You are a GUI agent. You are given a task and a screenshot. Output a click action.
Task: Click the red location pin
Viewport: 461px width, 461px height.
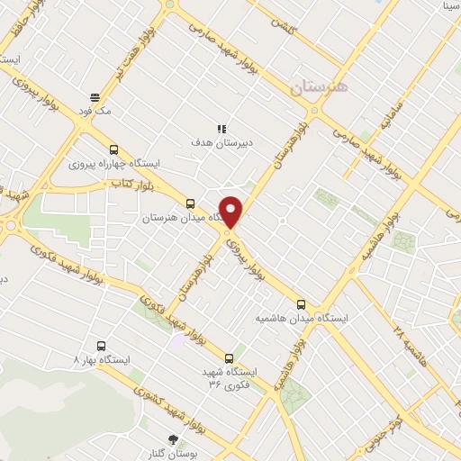click(x=231, y=212)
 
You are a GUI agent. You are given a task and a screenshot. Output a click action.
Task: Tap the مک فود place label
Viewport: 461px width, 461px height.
click(x=94, y=111)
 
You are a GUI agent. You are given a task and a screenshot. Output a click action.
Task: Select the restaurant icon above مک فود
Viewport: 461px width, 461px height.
click(x=94, y=97)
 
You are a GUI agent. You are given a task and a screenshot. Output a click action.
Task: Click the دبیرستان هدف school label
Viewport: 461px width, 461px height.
click(x=212, y=142)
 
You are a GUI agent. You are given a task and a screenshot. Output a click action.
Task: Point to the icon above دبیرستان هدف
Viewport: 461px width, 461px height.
click(x=221, y=128)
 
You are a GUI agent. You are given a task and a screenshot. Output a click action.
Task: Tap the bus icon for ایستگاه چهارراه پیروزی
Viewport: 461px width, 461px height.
click(x=113, y=150)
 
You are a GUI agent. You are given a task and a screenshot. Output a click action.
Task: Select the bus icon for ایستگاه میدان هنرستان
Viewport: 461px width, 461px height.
click(x=189, y=203)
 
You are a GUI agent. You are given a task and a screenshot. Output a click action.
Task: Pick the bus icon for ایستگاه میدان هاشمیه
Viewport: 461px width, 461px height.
click(x=301, y=304)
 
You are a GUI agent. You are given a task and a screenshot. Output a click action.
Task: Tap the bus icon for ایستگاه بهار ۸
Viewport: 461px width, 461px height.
click(x=101, y=345)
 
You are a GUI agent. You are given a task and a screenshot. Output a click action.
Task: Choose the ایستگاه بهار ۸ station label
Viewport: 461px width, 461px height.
click(x=101, y=359)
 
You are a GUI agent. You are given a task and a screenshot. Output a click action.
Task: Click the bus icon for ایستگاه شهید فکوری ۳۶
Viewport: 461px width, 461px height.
click(x=228, y=357)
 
